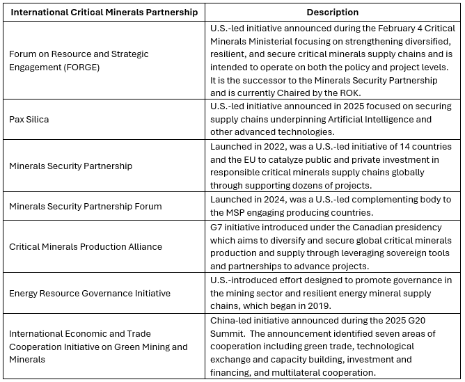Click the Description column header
point(333,13)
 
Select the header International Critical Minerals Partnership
point(104,13)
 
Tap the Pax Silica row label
point(29,119)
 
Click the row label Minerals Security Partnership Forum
point(85,206)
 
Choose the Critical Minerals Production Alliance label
point(85,246)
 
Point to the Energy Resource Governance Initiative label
point(89,293)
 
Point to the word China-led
point(231,320)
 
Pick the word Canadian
point(388,227)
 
